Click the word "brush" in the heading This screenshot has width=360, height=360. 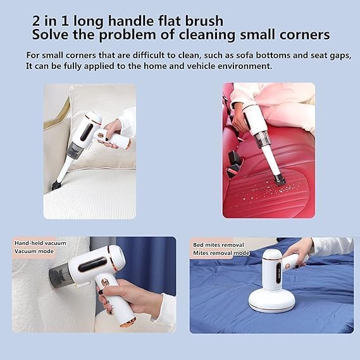[204, 21]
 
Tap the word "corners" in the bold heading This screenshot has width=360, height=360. [305, 35]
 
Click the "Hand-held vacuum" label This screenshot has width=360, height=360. [40, 243]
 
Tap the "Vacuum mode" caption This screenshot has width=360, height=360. [34, 251]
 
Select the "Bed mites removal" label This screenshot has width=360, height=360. [218, 245]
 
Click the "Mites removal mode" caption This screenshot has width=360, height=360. [221, 253]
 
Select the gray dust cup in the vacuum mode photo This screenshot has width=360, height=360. [60, 275]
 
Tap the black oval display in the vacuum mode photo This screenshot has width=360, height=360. [92, 264]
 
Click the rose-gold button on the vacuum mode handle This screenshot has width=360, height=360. [105, 282]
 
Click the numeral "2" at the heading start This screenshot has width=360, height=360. [36, 21]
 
